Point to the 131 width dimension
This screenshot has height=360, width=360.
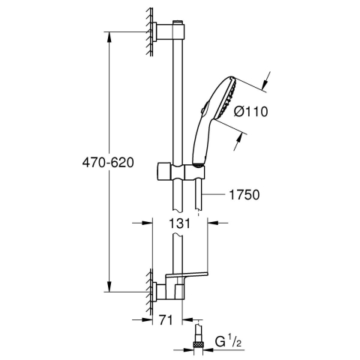[x=178, y=223]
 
